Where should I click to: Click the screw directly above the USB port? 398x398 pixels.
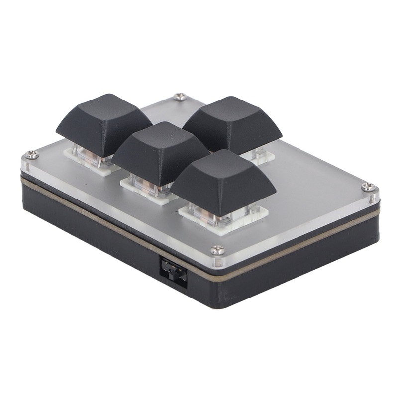tap(217, 250)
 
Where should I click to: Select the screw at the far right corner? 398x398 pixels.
tap(368, 187)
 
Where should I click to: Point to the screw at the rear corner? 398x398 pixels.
tap(180, 97)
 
